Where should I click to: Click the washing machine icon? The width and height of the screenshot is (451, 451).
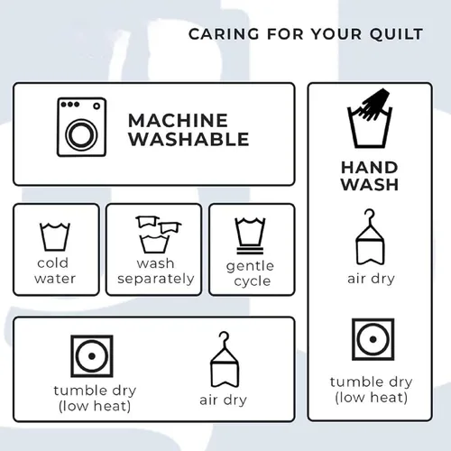[x=81, y=127]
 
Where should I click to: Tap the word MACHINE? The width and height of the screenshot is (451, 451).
[x=178, y=121]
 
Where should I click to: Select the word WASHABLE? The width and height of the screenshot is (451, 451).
[x=189, y=139]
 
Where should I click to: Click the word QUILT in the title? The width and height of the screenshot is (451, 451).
[x=396, y=34]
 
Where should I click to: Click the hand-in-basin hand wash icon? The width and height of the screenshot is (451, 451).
[x=370, y=118]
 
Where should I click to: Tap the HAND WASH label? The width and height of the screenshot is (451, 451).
[x=370, y=176]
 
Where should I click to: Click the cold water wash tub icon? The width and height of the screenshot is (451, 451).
[x=55, y=237]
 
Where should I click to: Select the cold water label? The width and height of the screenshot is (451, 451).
[x=55, y=271]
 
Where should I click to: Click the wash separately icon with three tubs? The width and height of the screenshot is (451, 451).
[x=158, y=235]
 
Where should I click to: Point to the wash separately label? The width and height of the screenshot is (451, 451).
[x=155, y=271]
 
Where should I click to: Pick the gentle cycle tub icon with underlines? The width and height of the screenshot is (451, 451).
[x=250, y=235]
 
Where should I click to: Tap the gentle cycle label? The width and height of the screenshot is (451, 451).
[x=250, y=273]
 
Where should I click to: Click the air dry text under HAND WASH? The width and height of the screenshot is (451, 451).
[x=371, y=279]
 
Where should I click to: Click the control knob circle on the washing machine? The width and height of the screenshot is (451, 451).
[x=97, y=106]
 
